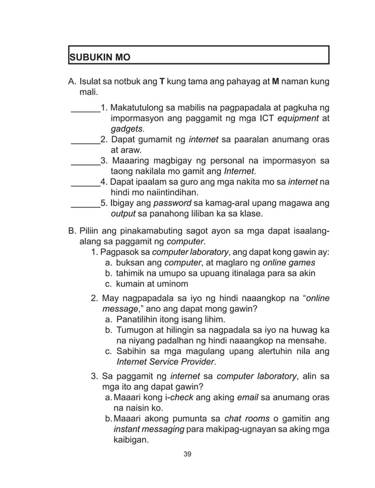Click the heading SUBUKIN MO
click(99, 58)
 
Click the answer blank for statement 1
click(85, 108)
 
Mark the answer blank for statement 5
click(85, 203)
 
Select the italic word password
click(172, 203)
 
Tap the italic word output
click(123, 214)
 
